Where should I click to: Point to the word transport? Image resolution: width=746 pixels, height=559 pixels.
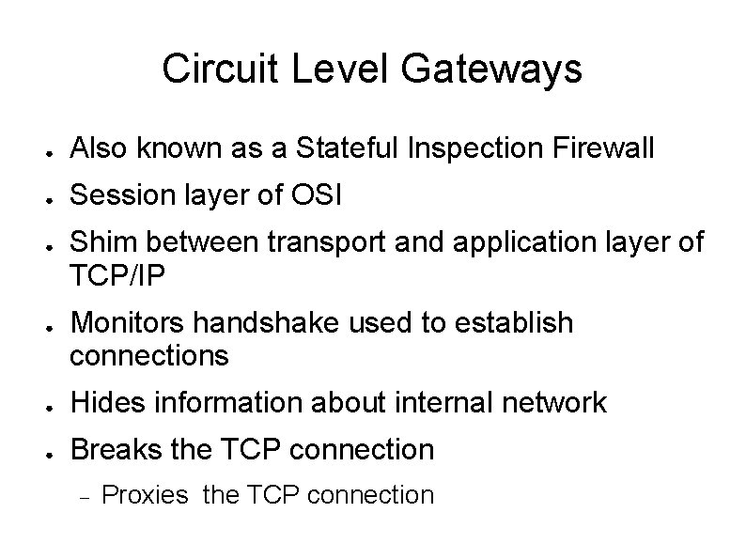coord(320,243)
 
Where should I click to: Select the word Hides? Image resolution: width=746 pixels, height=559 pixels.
coord(104,404)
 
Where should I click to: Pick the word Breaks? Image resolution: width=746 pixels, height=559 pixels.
coord(115,450)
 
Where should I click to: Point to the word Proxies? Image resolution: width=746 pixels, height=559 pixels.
coord(145,495)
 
